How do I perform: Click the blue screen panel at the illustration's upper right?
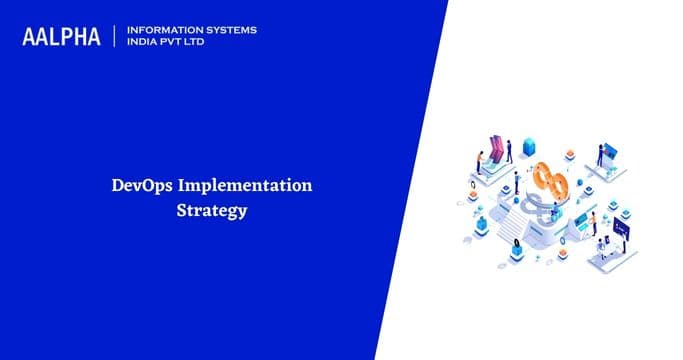click(x=608, y=152)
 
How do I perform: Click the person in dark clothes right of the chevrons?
click(x=509, y=151)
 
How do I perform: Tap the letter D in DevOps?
click(x=115, y=186)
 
